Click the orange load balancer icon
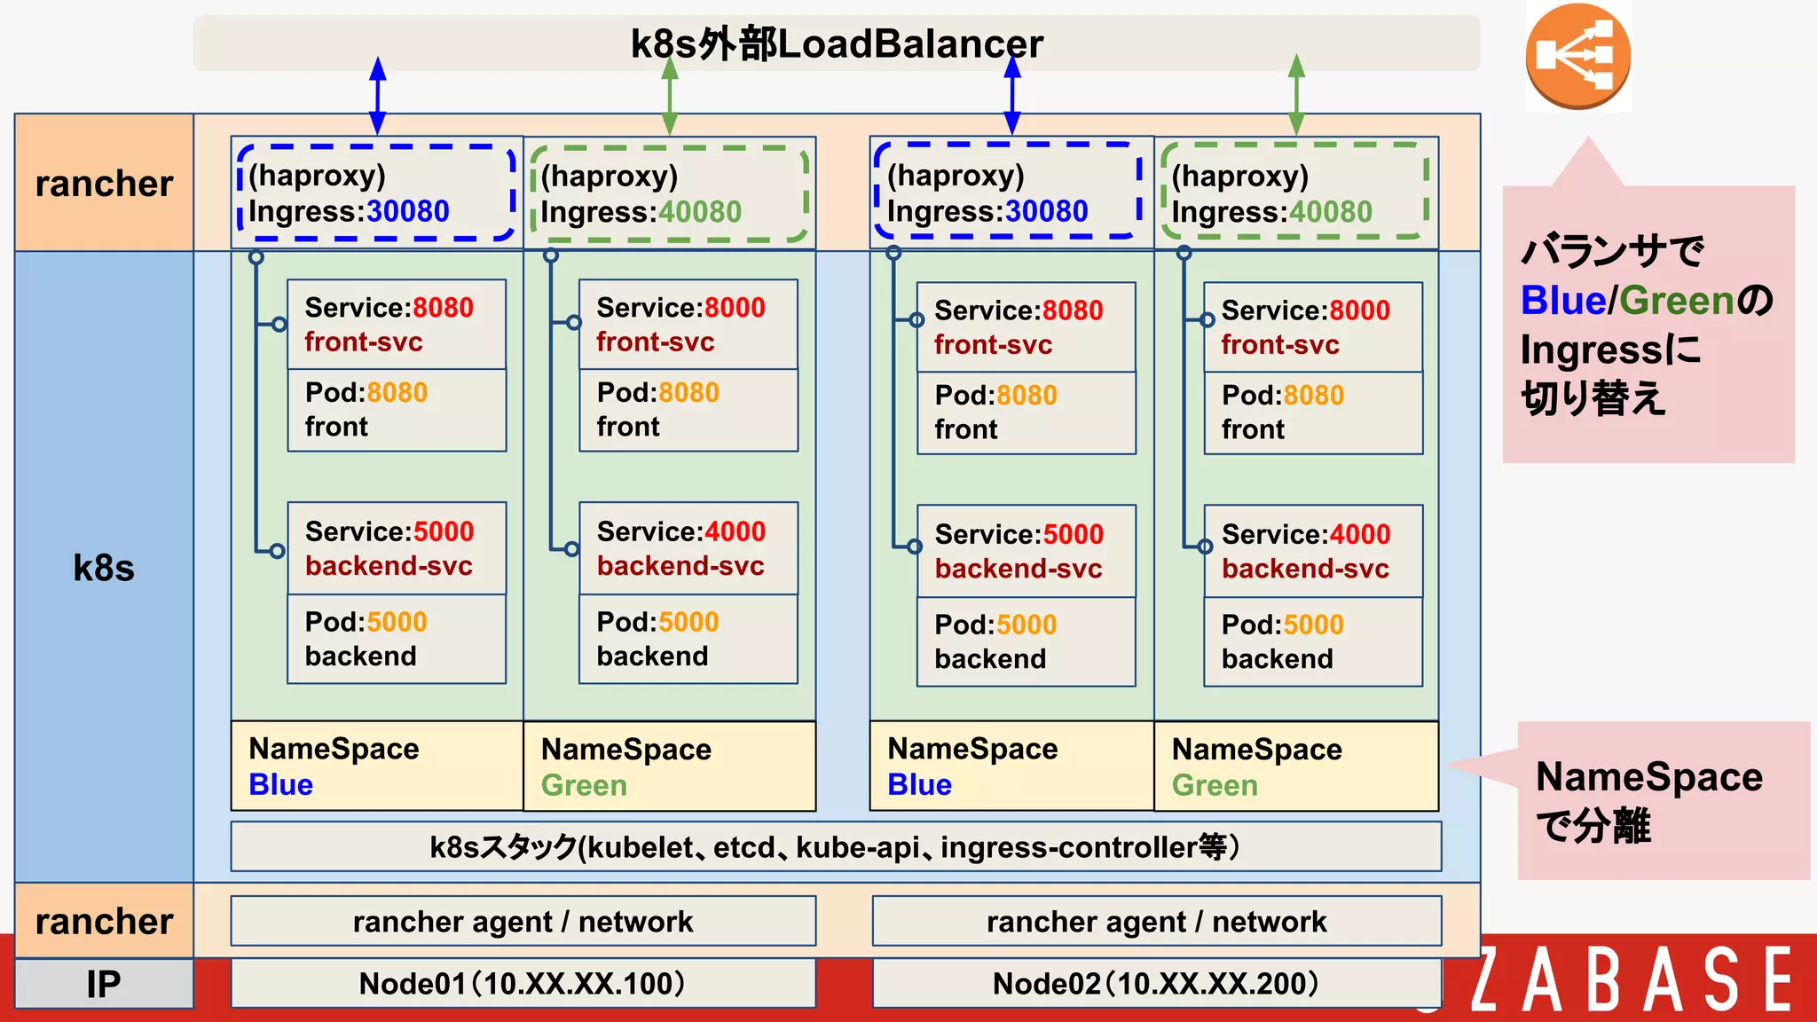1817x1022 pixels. (1577, 56)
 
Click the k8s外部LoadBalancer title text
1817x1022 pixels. (837, 43)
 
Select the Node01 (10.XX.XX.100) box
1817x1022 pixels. (523, 983)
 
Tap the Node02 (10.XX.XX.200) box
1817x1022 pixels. (1156, 983)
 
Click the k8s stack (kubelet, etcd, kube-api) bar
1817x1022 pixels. (835, 847)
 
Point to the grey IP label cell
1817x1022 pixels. (104, 984)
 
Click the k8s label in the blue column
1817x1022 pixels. (104, 568)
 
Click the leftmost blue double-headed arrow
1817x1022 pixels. (378, 96)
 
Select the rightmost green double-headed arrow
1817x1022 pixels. (1296, 94)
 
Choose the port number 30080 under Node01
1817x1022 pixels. (408, 211)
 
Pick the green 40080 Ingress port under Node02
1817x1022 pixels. (1331, 212)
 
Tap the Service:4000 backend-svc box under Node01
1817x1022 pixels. (688, 548)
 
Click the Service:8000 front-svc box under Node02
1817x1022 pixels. (1313, 327)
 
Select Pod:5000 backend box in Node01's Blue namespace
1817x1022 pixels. (397, 639)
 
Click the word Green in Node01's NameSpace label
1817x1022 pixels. (584, 785)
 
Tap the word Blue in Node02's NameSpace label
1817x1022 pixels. (919, 785)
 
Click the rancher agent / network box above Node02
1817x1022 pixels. (1156, 922)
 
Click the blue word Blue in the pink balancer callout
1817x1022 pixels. (1562, 301)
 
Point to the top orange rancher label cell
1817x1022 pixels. (104, 184)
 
